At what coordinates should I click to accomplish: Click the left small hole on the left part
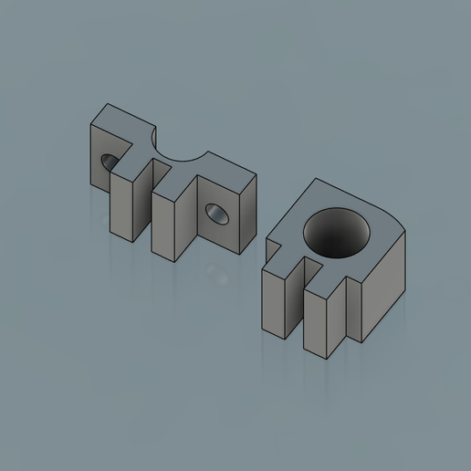click(x=109, y=162)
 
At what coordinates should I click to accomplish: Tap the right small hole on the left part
click(x=217, y=213)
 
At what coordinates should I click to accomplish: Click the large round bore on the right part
click(x=337, y=232)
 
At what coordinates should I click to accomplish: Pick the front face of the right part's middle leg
click(x=315, y=323)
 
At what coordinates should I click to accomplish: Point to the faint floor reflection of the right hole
click(x=216, y=273)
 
